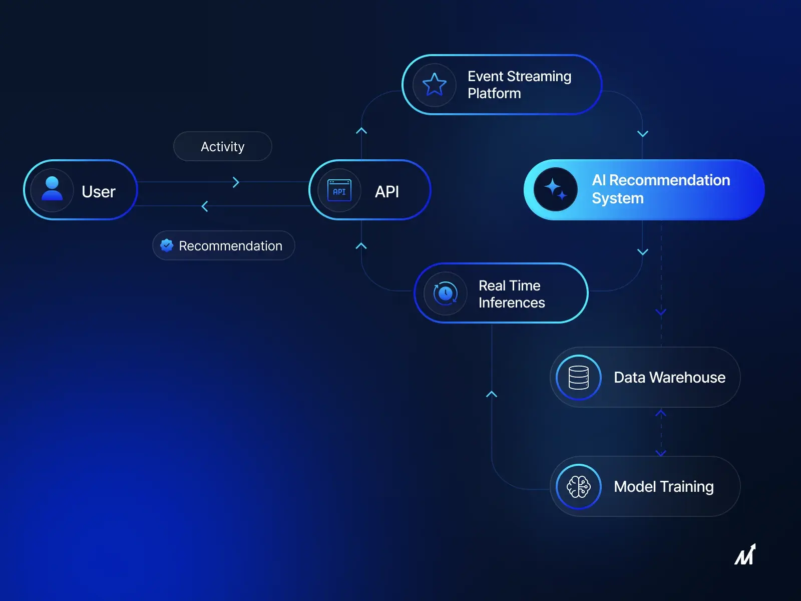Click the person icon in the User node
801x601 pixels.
point(52,189)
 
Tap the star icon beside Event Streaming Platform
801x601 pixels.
point(434,84)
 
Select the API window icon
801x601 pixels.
point(339,191)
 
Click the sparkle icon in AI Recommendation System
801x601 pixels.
point(555,189)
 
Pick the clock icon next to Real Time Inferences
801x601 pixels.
point(445,293)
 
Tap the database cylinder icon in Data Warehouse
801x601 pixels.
point(578,377)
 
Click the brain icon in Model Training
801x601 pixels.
point(578,486)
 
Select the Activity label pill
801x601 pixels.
point(223,146)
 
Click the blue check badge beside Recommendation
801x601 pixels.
point(167,245)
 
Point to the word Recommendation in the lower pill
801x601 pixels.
point(231,246)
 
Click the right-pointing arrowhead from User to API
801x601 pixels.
point(236,182)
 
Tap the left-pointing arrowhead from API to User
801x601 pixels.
point(205,206)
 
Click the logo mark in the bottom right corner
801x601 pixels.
point(745,555)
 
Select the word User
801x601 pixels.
point(99,191)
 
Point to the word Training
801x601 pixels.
point(686,487)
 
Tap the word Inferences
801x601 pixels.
point(512,303)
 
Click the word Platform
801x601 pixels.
point(494,94)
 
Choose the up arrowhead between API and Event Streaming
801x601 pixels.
point(361,131)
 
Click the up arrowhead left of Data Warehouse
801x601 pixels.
point(492,395)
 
